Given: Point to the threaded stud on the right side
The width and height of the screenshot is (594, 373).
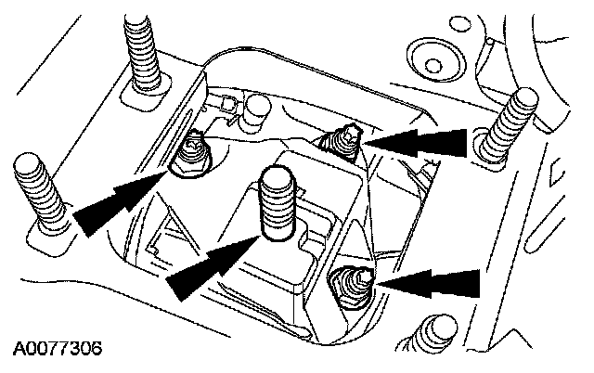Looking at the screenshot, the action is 508,120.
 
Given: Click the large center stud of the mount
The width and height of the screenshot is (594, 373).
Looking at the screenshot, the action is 278,204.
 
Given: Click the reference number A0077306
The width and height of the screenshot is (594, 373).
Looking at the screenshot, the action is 58,350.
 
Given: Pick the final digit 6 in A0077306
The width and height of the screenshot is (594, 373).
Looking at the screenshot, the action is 96,350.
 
